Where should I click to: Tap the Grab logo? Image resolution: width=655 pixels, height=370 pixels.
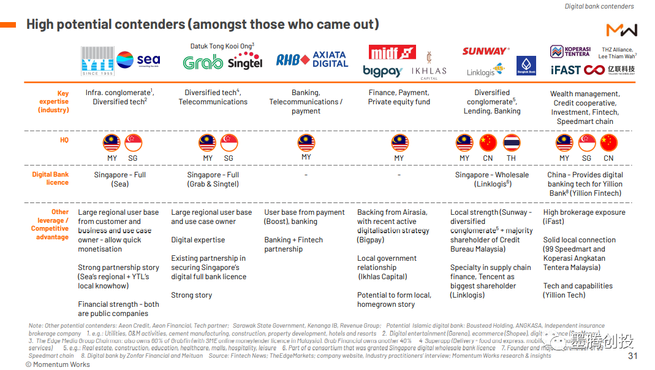203,63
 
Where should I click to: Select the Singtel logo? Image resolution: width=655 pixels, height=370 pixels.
244,63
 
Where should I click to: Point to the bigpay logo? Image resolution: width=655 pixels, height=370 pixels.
382,71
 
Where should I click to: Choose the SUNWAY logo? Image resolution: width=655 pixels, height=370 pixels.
485,52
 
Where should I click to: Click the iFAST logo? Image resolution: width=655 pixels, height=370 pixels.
565,70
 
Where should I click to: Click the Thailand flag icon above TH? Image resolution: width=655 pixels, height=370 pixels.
511,143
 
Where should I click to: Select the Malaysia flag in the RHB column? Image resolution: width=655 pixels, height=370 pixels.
306,143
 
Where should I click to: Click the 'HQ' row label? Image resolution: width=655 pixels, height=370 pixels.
64,141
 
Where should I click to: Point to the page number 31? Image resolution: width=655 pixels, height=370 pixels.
633,356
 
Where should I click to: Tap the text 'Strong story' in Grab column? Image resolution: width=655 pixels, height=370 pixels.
192,295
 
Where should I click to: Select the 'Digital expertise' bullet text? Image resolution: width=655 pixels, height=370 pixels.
198,240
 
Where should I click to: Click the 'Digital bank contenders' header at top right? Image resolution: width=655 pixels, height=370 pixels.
599,6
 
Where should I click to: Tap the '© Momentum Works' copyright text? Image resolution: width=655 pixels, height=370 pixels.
58,364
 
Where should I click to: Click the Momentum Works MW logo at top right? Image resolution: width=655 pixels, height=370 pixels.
621,30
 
